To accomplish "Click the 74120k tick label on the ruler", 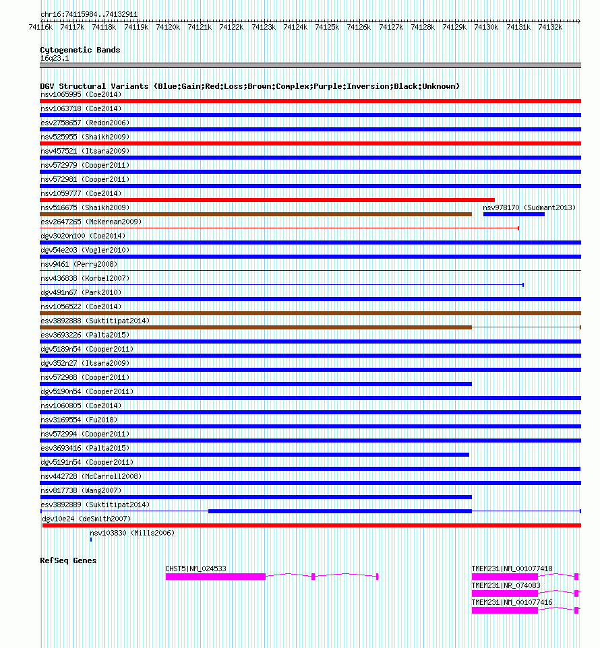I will (x=168, y=27).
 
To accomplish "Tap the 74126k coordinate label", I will (x=359, y=27).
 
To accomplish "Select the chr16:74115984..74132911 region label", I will (x=79, y=13).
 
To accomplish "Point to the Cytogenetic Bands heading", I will (x=80, y=50).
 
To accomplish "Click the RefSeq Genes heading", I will (x=68, y=560).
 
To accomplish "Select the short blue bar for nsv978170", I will (x=514, y=214).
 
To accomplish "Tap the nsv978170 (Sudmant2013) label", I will (x=529, y=207).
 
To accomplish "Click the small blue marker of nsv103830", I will (x=91, y=540).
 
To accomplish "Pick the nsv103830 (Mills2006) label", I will (x=132, y=533).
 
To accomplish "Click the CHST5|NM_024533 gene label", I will (x=196, y=569).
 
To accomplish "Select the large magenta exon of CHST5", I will (x=216, y=577).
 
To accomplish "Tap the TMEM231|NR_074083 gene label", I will (x=506, y=585).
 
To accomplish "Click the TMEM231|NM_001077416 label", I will (x=512, y=602).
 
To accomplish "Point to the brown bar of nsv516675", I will (x=256, y=214).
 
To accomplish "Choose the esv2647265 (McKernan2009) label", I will (x=91, y=222).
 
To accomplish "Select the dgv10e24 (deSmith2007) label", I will (x=86, y=519).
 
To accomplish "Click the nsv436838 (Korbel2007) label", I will (x=85, y=278).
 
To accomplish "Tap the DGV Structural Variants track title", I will (x=249, y=86).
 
